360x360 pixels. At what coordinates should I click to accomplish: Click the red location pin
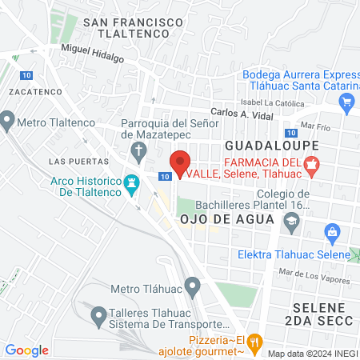[182, 162]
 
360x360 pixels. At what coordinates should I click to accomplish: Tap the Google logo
[26, 350]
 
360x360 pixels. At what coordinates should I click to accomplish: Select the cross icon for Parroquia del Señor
[138, 150]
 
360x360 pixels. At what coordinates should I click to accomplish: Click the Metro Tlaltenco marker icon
[7, 121]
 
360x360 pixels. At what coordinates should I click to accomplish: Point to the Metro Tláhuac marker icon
[192, 286]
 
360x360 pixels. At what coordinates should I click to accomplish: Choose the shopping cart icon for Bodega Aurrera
[346, 102]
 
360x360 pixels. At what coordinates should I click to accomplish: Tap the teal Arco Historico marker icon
[133, 182]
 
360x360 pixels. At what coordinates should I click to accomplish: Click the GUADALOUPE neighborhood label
[272, 146]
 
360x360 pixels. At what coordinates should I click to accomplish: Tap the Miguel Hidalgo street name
[93, 50]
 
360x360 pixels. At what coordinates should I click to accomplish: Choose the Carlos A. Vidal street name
[240, 114]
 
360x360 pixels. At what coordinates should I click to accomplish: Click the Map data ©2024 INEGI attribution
[310, 354]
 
